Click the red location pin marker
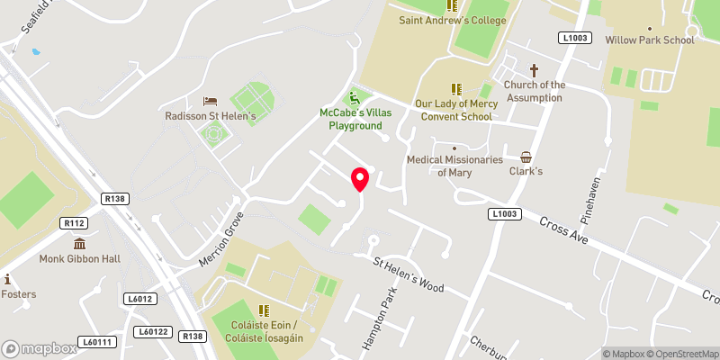[x=360, y=179]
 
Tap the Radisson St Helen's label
[x=211, y=116]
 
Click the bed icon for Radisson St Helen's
[x=211, y=101]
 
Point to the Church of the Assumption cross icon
[x=534, y=70]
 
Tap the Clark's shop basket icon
[x=526, y=156]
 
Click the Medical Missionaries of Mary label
[x=454, y=166]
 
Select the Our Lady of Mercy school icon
[x=455, y=88]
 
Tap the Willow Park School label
[x=651, y=40]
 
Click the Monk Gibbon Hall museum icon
[x=79, y=243]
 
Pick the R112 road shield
[x=73, y=223]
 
